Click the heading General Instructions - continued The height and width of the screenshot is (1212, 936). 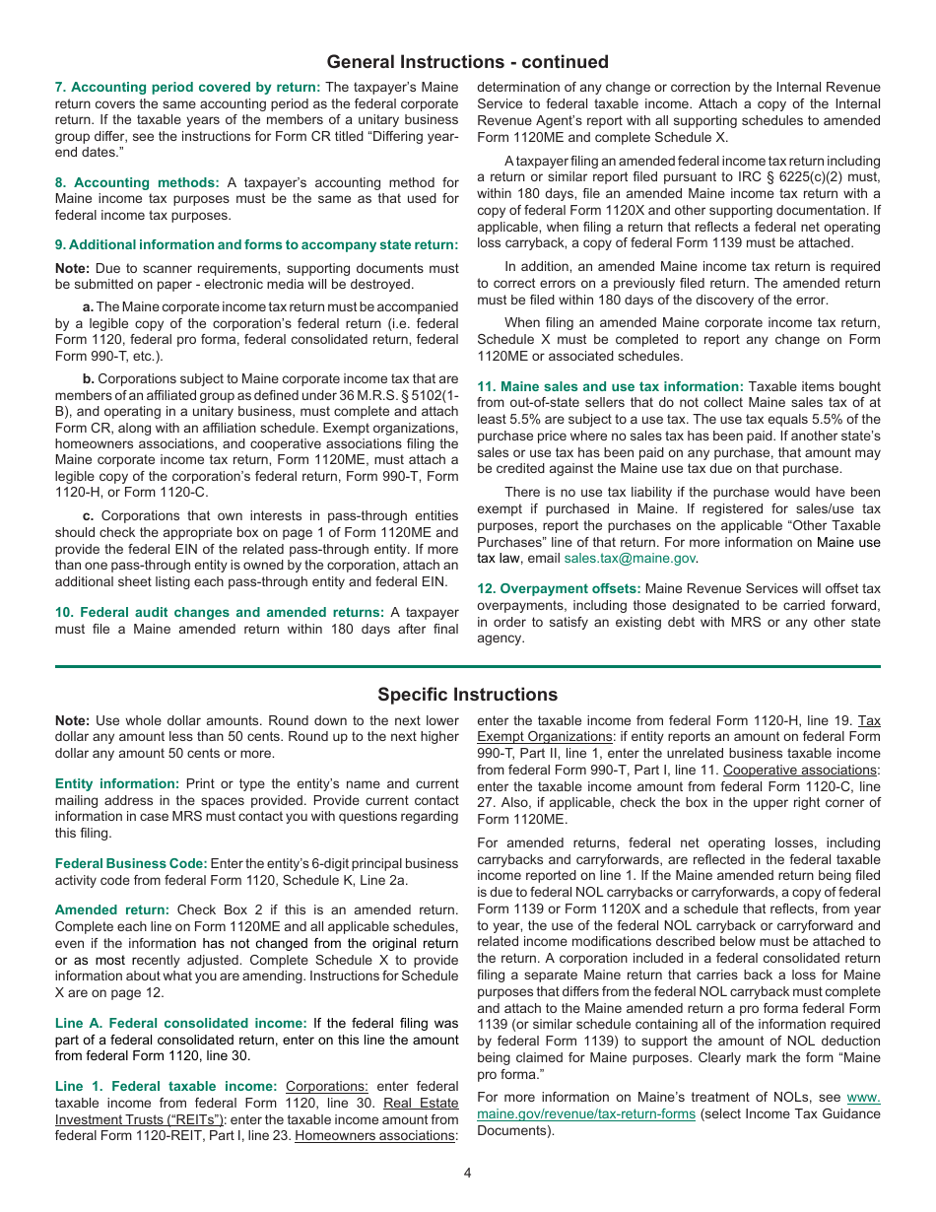coord(467,62)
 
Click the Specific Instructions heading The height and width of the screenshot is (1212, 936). coord(467,695)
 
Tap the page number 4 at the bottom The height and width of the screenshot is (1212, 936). coord(468,1173)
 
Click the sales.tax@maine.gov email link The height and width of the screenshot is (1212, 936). coord(629,558)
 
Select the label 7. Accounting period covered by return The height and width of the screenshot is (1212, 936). coord(187,87)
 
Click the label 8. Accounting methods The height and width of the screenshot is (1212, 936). coord(137,182)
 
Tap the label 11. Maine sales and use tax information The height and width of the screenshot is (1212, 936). coord(610,387)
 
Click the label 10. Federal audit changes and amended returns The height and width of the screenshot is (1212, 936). coord(219,612)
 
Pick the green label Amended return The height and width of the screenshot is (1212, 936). coord(111,910)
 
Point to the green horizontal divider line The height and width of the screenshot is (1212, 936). coord(467,667)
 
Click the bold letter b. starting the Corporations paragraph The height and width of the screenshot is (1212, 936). coord(89,378)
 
